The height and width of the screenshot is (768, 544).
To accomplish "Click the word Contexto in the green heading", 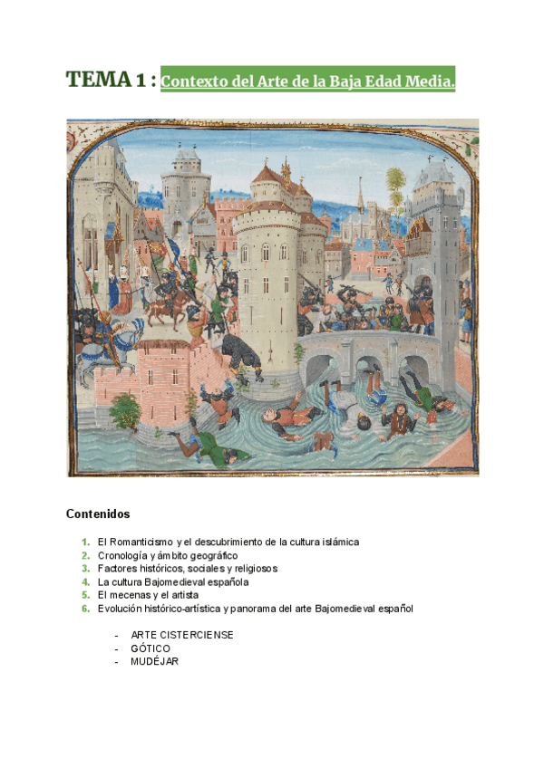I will [191, 82].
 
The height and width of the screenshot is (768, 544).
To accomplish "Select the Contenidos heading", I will [98, 514].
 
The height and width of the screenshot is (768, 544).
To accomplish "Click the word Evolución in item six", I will [122, 609].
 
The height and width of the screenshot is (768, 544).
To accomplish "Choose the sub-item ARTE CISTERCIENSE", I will [181, 635].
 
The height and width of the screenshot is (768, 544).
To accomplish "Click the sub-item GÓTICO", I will [151, 648].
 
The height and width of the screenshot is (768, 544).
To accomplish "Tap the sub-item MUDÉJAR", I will [154, 661].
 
